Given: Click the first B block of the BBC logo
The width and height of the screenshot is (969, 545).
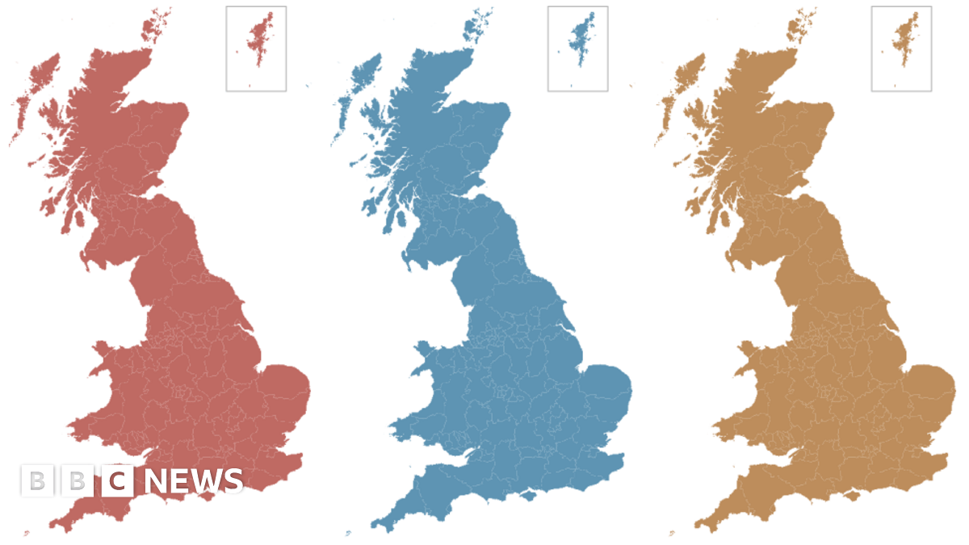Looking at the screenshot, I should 36,482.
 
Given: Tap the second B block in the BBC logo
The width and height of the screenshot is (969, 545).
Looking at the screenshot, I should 77,482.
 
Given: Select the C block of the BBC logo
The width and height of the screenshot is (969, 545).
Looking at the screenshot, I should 118,482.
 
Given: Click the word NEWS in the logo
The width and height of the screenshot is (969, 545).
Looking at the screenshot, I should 194,482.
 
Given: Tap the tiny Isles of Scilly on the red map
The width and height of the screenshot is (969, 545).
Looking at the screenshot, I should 26,533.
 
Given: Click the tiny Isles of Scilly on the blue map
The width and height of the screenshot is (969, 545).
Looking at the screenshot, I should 348,533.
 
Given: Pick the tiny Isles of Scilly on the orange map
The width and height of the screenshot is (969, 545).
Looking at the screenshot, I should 672,533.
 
